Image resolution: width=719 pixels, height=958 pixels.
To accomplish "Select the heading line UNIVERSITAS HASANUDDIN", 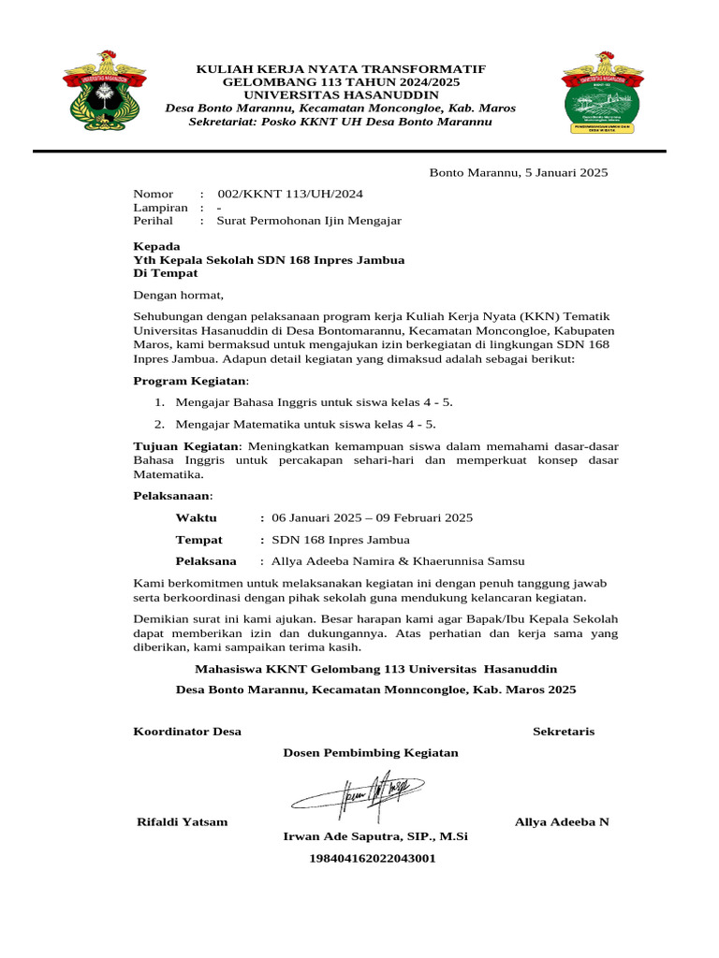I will [341, 95].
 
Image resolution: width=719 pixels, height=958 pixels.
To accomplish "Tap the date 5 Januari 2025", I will [552, 172].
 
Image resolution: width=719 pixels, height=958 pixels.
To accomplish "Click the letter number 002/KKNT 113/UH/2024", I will [290, 194].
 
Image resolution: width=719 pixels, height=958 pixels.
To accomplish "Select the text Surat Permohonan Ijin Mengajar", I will [309, 221].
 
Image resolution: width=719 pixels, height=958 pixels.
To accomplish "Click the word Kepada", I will [156, 246].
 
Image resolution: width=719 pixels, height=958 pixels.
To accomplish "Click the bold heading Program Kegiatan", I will [190, 381].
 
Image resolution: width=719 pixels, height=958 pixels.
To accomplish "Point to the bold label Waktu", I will [196, 517].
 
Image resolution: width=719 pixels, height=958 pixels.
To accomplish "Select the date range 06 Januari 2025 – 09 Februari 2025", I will [372, 517].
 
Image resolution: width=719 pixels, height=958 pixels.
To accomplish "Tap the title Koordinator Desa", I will [187, 731].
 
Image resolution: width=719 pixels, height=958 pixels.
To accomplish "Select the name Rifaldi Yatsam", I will [183, 821].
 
